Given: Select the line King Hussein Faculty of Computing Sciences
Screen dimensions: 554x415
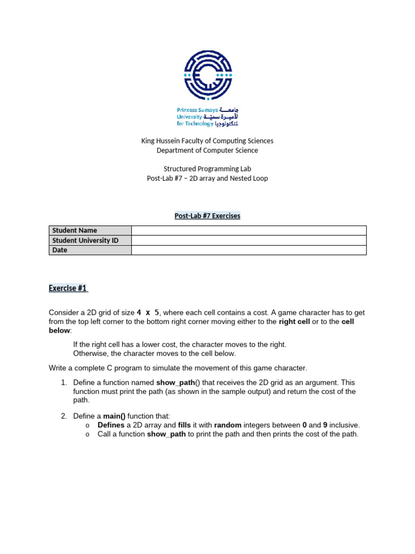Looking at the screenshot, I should click(x=207, y=141).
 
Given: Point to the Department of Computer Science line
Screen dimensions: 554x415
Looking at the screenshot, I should click(x=207, y=150).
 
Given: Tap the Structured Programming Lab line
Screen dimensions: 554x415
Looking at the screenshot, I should click(x=207, y=169).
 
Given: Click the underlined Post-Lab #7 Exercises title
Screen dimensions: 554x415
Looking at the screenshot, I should click(x=207, y=216).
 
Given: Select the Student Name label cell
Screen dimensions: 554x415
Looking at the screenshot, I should click(x=90, y=230).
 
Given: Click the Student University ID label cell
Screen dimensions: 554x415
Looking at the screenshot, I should click(x=90, y=240).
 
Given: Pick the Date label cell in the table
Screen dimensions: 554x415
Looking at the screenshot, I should click(x=90, y=250).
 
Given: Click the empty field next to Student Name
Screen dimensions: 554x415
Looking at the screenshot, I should click(x=249, y=230).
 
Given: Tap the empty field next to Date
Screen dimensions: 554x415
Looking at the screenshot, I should click(x=249, y=250).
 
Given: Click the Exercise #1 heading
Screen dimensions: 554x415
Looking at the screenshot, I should click(x=68, y=288).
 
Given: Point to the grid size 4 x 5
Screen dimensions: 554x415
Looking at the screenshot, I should click(x=148, y=313).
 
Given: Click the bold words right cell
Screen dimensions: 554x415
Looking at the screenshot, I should click(x=294, y=322).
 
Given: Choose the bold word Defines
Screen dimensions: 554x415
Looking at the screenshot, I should click(x=111, y=425).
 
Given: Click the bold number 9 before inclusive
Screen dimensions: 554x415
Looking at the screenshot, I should click(x=325, y=425).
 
